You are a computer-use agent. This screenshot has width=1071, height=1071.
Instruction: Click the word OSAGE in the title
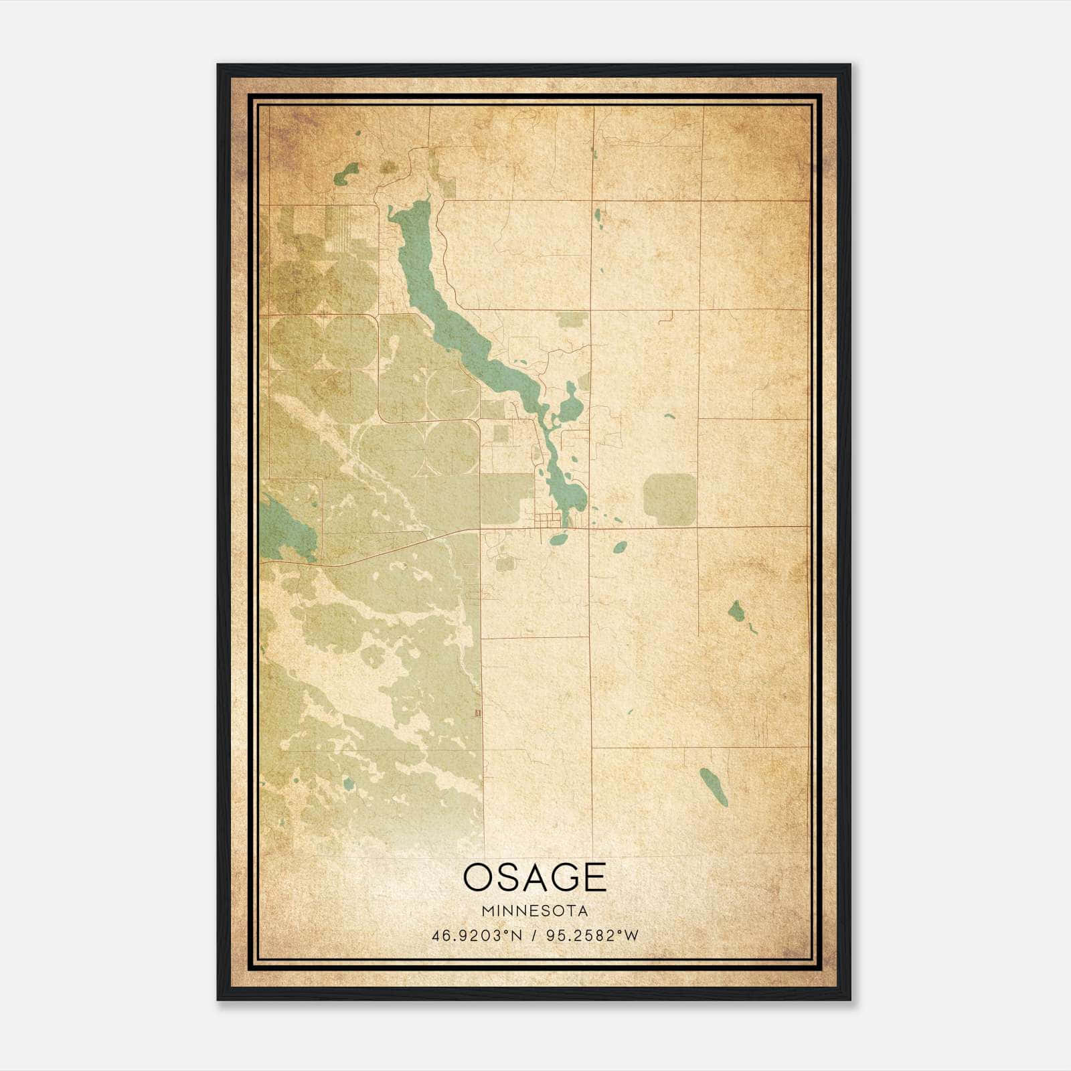tap(534, 878)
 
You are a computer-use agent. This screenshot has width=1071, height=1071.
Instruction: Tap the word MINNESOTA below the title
tap(534, 911)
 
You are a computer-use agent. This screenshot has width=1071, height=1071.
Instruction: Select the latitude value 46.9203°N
tap(476, 936)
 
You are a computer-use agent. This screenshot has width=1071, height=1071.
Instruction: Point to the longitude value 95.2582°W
tap(592, 936)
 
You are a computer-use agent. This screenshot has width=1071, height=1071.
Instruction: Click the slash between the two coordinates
tap(534, 936)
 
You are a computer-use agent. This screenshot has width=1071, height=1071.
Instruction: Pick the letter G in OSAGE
tap(560, 878)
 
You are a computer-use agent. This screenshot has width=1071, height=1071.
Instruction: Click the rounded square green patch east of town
tap(669, 499)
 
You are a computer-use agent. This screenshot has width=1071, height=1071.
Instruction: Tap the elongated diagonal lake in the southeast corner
tap(714, 787)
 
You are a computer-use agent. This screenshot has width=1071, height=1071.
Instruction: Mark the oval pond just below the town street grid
tap(558, 538)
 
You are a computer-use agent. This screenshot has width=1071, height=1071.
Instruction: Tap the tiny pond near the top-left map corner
tap(358, 133)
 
